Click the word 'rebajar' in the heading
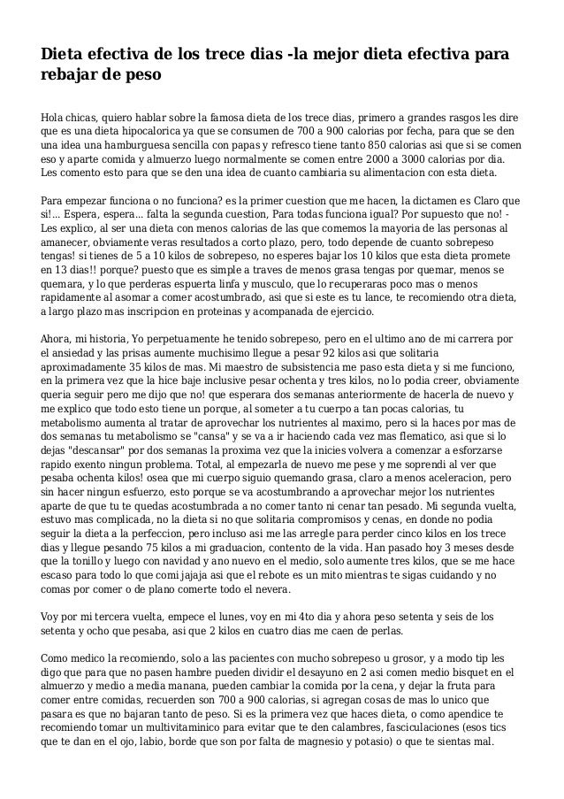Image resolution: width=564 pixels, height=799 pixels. click(x=76, y=75)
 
